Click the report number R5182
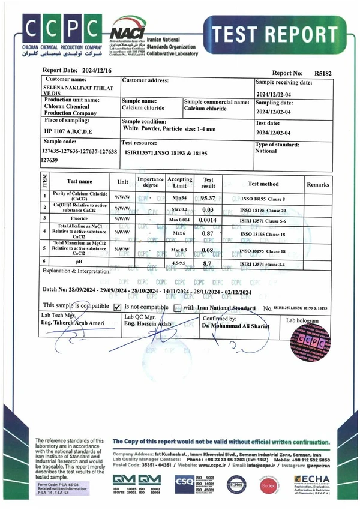(x=322, y=73)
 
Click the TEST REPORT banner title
(x=275, y=34)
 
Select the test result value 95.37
(x=208, y=198)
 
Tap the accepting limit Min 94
(x=180, y=198)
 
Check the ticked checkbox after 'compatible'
(x=118, y=307)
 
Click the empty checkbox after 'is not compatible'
(x=177, y=308)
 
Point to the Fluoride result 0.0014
(x=208, y=220)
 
